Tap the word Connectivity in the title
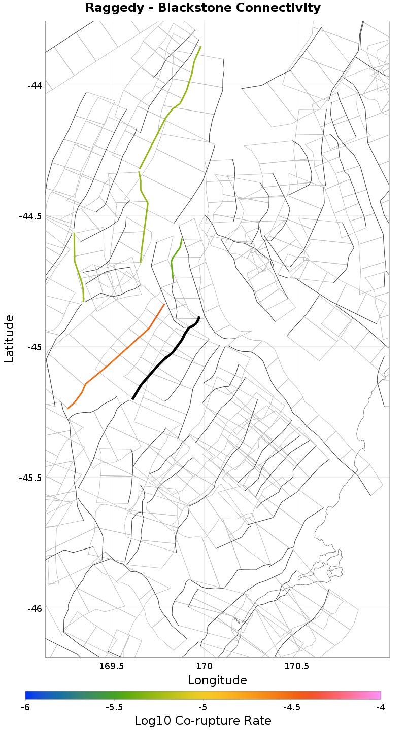275,8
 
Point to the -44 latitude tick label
35,85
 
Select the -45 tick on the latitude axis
35,347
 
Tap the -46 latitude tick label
35,608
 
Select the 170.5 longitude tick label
297,666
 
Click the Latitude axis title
9,339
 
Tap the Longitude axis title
217,680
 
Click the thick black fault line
163,359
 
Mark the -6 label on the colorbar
25,707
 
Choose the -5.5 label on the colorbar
114,707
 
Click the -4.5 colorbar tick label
292,707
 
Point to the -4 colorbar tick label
381,707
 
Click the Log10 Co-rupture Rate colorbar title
203,721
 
